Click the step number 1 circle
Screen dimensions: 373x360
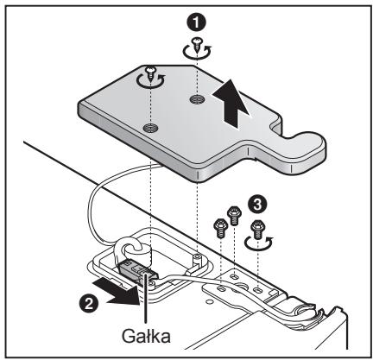(196, 22)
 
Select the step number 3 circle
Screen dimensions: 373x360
(257, 205)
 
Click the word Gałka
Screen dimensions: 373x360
(146, 336)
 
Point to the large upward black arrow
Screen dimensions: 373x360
(231, 103)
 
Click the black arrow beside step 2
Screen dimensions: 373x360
(117, 291)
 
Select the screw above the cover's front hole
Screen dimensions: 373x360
(150, 73)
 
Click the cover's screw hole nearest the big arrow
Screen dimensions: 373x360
(197, 99)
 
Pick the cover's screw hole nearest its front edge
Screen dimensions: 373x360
(151, 127)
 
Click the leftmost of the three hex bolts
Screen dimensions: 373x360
(220, 228)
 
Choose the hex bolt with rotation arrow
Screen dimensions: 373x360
(258, 230)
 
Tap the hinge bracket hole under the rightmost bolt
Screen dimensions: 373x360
(257, 288)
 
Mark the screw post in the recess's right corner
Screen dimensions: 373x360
(197, 257)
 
